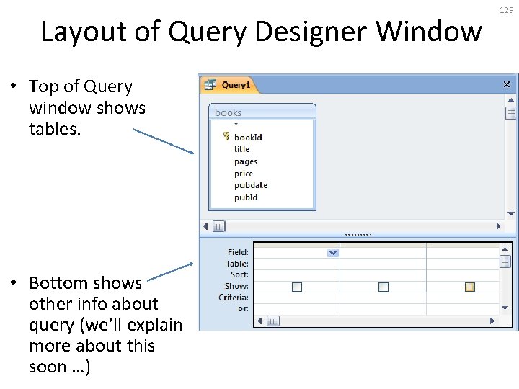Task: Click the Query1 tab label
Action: tap(236, 85)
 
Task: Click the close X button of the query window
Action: tap(507, 84)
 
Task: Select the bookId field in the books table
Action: tap(248, 138)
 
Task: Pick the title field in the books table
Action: tap(241, 149)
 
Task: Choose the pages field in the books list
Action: tap(245, 161)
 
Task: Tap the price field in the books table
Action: tap(244, 174)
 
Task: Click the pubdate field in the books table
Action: tap(250, 185)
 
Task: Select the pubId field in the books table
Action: tap(245, 197)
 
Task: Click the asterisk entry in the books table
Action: tap(236, 125)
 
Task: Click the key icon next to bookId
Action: tap(226, 136)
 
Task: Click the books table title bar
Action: tap(262, 112)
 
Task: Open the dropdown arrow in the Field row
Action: tap(332, 252)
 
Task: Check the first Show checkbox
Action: tap(297, 287)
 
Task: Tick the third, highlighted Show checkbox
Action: tap(469, 287)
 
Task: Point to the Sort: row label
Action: tap(239, 274)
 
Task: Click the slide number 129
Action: tap(505, 9)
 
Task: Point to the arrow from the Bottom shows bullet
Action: tap(169, 271)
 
